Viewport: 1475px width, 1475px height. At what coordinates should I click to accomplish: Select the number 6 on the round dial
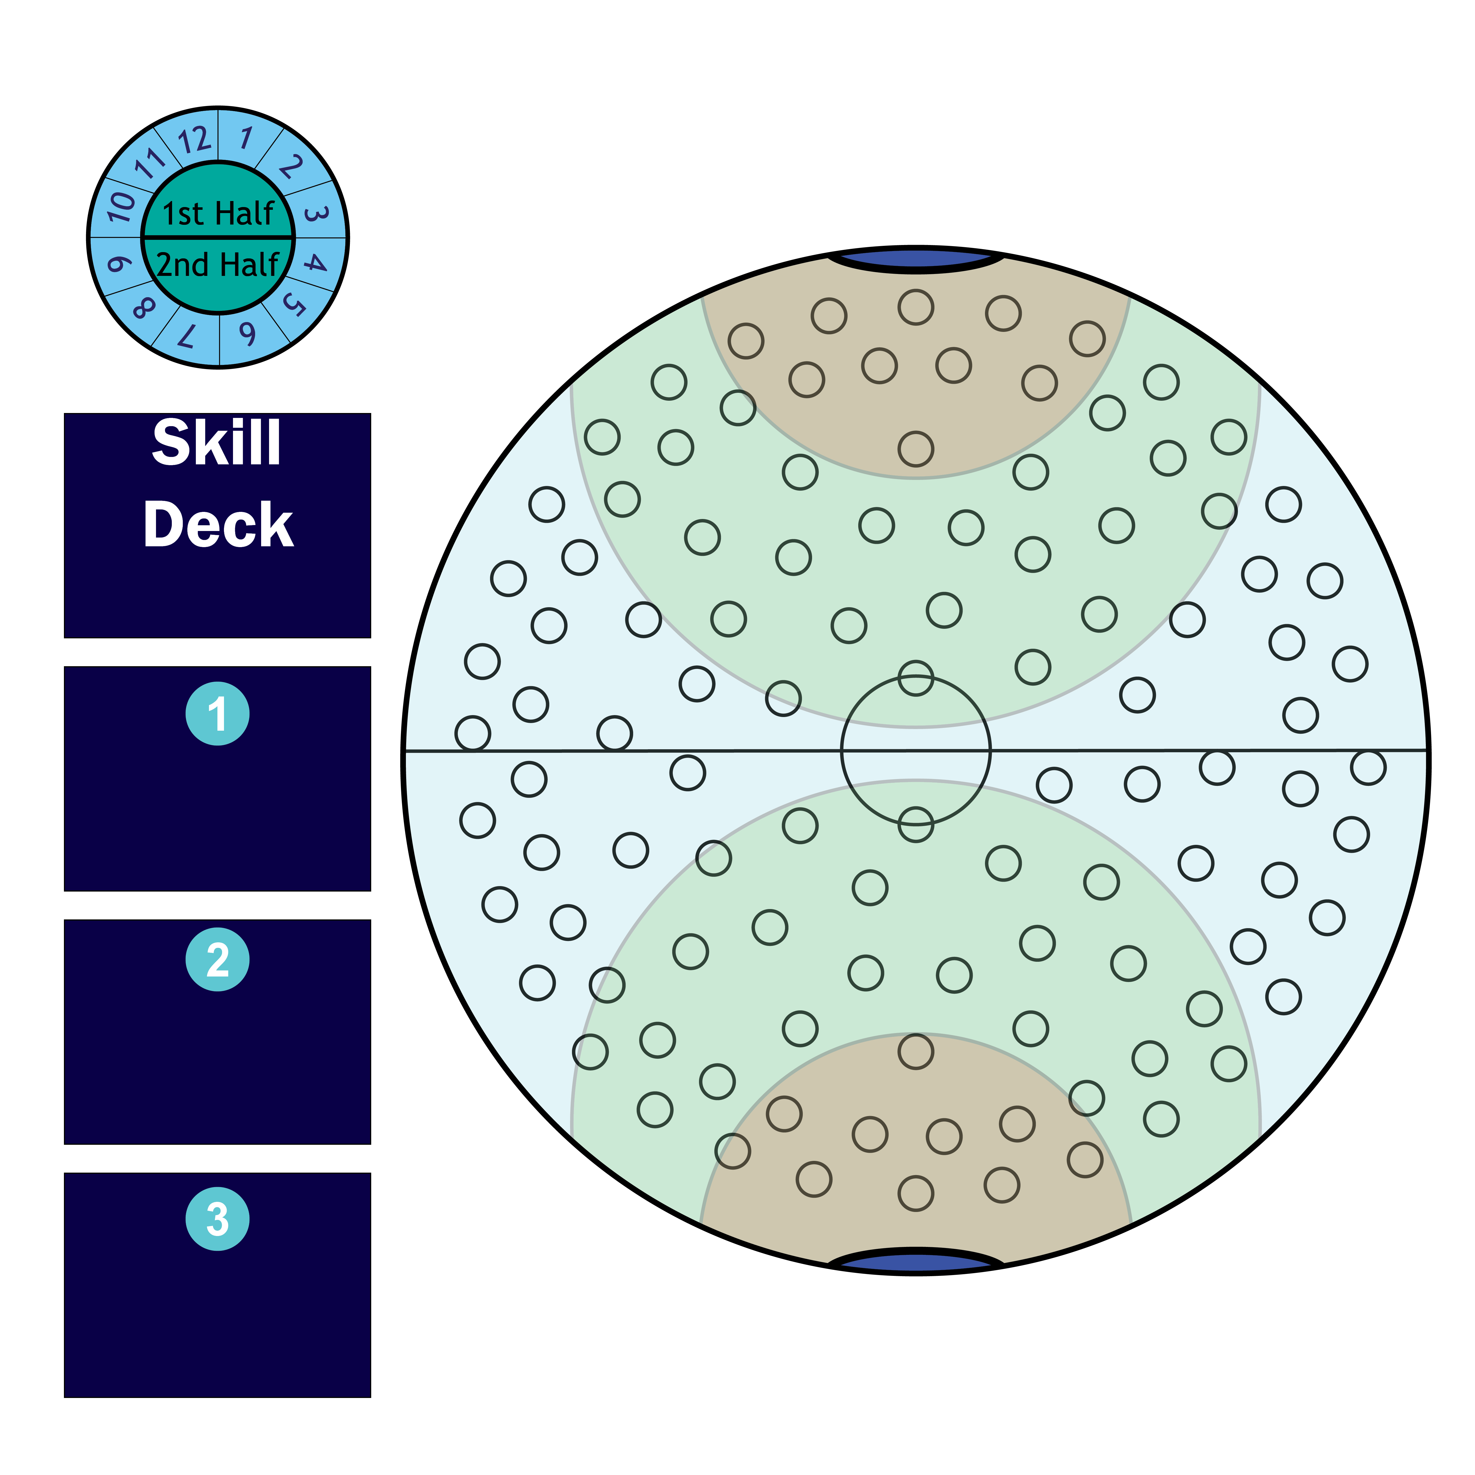247,334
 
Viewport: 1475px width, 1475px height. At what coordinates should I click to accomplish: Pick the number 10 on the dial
121,206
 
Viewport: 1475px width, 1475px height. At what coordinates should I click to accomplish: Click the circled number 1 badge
218,714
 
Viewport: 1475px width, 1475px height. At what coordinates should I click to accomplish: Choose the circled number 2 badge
218,960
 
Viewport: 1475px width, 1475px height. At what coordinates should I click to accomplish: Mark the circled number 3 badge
218,1219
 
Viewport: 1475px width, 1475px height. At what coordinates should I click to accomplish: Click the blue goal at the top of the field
916,259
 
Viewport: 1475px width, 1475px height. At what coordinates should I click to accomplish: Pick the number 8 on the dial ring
143,308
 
